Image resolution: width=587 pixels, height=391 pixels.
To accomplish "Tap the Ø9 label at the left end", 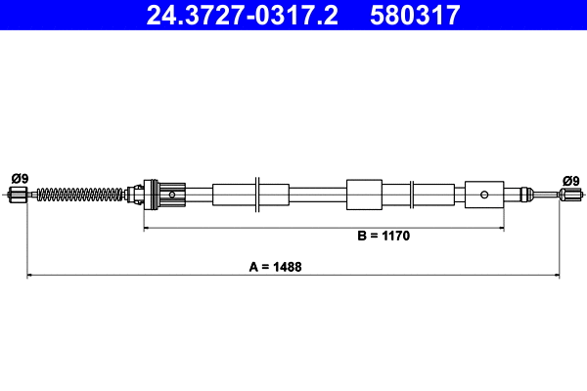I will pos(19,178).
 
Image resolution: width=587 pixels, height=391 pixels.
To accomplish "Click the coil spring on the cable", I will pos(84,195).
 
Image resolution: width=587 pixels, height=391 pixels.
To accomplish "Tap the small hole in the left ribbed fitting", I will pos(172,195).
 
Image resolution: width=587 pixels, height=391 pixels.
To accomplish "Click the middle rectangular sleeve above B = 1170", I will pos(363,194).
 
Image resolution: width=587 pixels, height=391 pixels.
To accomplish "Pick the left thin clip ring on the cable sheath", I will pos(256,194).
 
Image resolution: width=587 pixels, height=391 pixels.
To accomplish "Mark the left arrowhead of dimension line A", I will pos(30,276).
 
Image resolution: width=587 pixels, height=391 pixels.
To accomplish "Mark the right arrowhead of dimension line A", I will pos(557,276).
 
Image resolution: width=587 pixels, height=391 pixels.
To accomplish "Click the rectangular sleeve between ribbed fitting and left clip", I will pos(232,194).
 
